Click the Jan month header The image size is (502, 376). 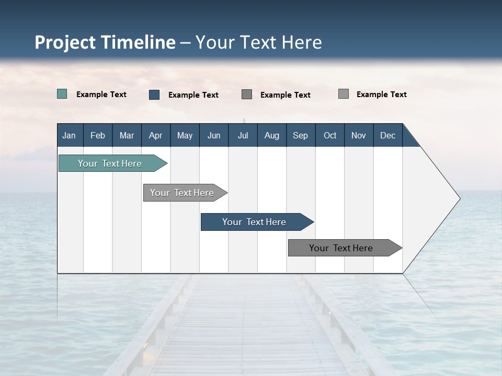point(70,135)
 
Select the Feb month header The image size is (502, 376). point(98,135)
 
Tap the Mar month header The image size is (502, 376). point(127,135)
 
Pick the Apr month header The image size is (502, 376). point(156,135)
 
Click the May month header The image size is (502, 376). point(185,135)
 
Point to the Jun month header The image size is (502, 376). point(214,135)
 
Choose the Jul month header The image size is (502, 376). point(243,135)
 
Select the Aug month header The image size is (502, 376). point(272,135)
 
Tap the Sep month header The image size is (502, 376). point(301,135)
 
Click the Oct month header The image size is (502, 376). point(330,135)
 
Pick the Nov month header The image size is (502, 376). point(359,135)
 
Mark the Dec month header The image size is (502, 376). point(388,135)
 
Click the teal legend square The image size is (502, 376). point(62,94)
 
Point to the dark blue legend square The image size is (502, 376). point(154,95)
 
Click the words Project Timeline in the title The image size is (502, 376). point(105,42)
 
